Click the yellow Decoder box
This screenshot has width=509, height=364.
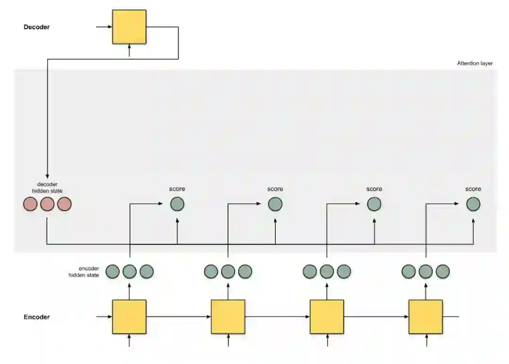(x=129, y=27)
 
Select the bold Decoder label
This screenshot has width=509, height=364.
(x=37, y=27)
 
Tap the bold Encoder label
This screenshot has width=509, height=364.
(x=37, y=317)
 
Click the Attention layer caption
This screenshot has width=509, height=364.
(x=475, y=63)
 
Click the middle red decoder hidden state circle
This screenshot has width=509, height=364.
(x=47, y=204)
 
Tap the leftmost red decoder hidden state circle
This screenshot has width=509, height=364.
(x=30, y=204)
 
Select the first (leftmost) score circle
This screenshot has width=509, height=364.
(x=177, y=204)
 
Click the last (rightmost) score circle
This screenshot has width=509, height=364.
(x=474, y=204)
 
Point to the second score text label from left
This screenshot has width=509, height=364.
(x=275, y=189)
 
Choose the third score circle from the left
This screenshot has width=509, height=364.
(x=374, y=204)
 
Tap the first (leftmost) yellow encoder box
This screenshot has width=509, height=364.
(x=129, y=316)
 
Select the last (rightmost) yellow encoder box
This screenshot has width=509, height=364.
(x=426, y=316)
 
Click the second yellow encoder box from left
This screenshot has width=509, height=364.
(x=228, y=316)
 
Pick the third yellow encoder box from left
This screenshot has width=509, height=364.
(x=327, y=316)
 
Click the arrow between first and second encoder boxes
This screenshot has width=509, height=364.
(x=179, y=316)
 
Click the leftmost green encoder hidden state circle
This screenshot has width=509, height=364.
(x=113, y=272)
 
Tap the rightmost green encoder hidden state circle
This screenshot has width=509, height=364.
(x=443, y=272)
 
